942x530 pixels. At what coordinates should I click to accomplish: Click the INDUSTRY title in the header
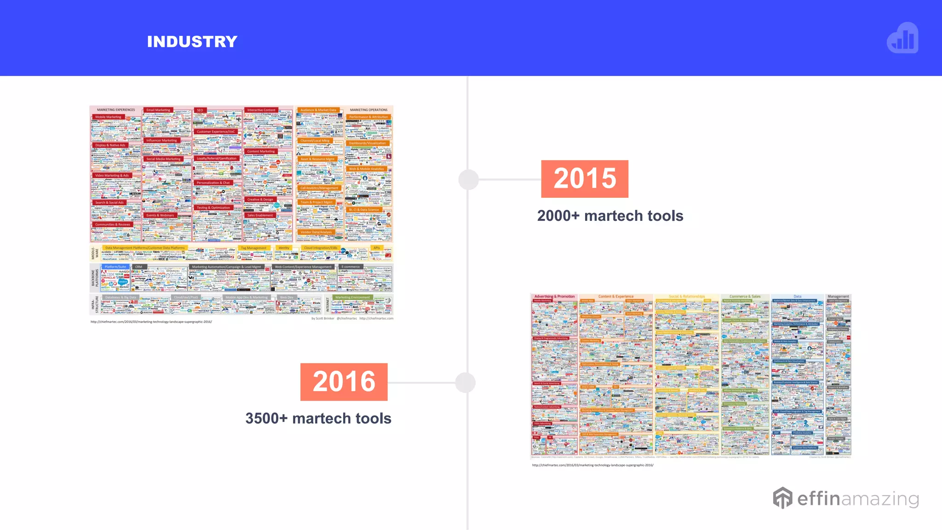[x=192, y=42]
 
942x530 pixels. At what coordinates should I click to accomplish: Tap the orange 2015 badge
[x=585, y=179]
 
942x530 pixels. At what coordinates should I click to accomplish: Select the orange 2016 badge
[x=344, y=382]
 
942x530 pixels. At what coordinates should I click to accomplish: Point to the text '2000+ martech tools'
[x=610, y=216]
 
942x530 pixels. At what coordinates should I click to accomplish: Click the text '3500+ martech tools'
[x=318, y=418]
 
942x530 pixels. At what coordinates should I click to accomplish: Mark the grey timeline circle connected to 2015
[x=469, y=179]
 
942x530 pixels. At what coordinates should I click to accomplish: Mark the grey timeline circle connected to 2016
[x=465, y=383]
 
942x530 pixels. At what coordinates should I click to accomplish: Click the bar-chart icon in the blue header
[x=902, y=39]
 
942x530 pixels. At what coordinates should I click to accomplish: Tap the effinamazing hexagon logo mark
[x=782, y=498]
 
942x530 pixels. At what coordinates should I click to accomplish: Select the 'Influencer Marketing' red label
[x=161, y=140]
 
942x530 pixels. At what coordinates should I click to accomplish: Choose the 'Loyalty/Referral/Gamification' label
[x=217, y=158]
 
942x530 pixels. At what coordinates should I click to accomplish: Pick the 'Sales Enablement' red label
[x=260, y=215]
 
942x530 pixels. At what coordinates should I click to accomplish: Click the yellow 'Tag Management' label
[x=253, y=248]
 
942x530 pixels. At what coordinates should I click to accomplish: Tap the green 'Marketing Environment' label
[x=352, y=297]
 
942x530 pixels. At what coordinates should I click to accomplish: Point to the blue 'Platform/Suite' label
[x=115, y=267]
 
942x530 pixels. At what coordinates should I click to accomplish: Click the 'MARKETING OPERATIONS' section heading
[x=368, y=110]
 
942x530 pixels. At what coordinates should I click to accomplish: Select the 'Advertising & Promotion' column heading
[x=554, y=297]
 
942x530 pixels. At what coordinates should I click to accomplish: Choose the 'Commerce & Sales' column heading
[x=745, y=297]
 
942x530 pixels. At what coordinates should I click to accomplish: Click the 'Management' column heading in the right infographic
[x=838, y=297]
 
